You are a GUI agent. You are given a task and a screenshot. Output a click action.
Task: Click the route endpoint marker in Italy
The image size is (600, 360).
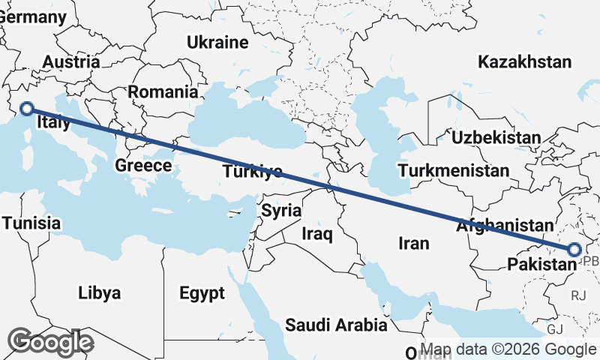pyautogui.click(x=27, y=108)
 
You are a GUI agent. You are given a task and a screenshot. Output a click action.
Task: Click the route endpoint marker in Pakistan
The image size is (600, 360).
pyautogui.click(x=574, y=250)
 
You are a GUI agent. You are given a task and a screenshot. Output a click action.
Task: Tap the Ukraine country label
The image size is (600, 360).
pyautogui.click(x=217, y=42)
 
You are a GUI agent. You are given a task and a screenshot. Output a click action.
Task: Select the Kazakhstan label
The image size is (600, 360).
pyautogui.click(x=525, y=61)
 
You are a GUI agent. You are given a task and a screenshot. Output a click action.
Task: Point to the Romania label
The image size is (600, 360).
pyautogui.click(x=163, y=92)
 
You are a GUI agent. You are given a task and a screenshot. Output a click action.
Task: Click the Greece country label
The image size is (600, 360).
pyautogui.click(x=143, y=166)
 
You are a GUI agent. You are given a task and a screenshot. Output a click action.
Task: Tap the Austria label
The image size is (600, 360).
pyautogui.click(x=71, y=62)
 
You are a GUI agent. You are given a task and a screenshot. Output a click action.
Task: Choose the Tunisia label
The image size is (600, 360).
pyautogui.click(x=31, y=223)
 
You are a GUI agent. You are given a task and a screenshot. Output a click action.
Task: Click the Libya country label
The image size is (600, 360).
pyautogui.click(x=99, y=293)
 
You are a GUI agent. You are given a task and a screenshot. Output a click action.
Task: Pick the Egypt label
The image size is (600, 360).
pyautogui.click(x=202, y=293)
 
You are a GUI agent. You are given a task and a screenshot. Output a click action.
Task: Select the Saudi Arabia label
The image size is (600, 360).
pyautogui.click(x=336, y=325)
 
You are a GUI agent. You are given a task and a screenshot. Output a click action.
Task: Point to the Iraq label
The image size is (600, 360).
pyautogui.click(x=316, y=234)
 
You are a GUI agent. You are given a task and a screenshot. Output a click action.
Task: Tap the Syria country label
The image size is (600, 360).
pyautogui.click(x=281, y=211)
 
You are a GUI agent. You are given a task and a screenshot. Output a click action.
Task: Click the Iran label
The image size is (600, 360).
pyautogui.click(x=413, y=243)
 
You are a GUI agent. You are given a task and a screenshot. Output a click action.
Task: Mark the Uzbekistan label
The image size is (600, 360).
pyautogui.click(x=495, y=137)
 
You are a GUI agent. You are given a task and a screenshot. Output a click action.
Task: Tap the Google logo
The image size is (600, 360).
pyautogui.click(x=50, y=342)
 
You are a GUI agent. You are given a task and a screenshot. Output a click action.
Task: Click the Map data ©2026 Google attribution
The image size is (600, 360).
pyautogui.click(x=508, y=349)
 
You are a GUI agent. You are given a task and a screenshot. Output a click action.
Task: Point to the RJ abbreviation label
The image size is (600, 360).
pyautogui.click(x=578, y=296)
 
